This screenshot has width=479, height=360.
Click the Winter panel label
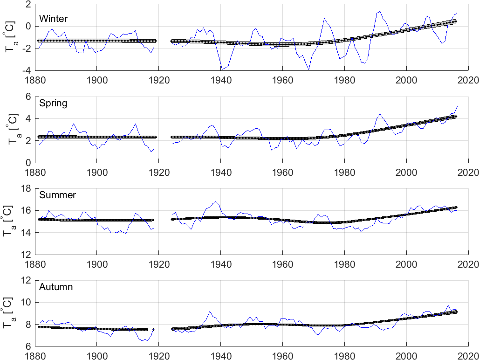coord(54,19)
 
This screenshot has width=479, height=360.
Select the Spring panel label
coord(54,104)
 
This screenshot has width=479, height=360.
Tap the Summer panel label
coord(57,195)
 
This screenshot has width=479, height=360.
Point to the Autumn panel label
coord(56,287)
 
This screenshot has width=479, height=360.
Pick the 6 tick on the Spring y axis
coord(28,96)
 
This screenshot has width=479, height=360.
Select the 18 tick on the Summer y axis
coord(26,188)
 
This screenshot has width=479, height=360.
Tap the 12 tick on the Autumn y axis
coord(26,280)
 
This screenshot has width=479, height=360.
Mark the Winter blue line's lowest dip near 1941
coord(222,69)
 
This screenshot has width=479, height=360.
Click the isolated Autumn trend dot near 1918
coord(153,329)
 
